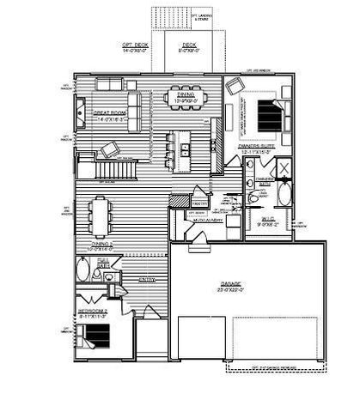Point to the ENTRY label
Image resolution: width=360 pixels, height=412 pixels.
146,279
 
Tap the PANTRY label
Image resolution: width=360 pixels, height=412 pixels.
176,203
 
